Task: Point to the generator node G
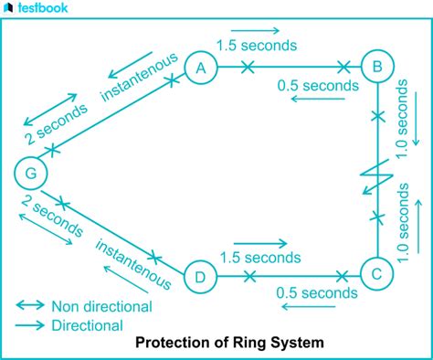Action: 31,171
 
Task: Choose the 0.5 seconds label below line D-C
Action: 316,293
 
